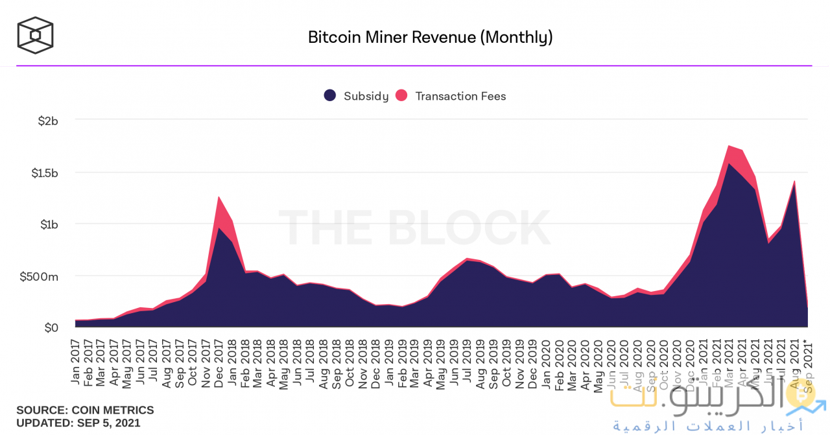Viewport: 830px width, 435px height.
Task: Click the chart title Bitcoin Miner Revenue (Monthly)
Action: coord(430,37)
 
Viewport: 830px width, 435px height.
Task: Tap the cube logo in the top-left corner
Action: coord(35,35)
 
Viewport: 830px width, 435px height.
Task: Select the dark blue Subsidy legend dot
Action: coord(330,96)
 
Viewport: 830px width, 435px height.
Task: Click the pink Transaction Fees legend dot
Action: coord(401,96)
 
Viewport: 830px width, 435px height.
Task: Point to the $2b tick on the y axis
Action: coord(48,121)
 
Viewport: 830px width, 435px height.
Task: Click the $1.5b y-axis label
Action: coord(45,173)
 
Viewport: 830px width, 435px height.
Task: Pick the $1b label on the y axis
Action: coord(49,224)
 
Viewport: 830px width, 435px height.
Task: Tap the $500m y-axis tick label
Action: coord(39,277)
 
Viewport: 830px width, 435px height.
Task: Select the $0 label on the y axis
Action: coord(51,328)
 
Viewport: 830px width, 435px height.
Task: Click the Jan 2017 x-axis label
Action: coord(75,360)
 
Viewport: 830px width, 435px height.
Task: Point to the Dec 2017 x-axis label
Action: coord(219,360)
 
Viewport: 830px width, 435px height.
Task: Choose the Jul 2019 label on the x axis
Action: coord(466,360)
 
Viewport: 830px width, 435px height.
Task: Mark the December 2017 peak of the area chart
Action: coord(219,197)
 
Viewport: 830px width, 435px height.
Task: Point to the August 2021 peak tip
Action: coord(794,182)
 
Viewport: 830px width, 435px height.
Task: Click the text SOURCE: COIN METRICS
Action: coord(85,410)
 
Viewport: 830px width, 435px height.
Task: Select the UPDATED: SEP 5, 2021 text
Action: coord(78,423)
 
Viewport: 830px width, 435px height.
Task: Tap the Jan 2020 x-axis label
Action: coord(545,360)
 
